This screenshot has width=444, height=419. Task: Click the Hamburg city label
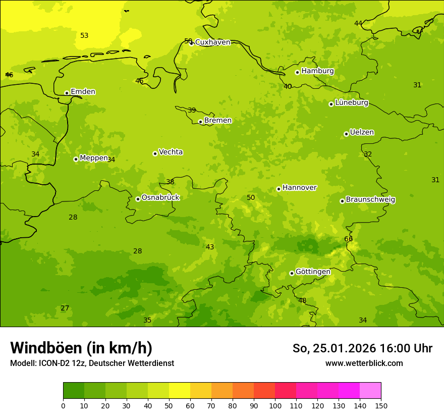pos(317,71)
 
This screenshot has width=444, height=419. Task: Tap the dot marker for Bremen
pos(200,122)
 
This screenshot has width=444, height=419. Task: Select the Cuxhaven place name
pos(212,42)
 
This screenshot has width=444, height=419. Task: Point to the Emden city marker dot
pos(67,93)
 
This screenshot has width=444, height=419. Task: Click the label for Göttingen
pos(313,272)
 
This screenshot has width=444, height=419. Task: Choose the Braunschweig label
pos(370,199)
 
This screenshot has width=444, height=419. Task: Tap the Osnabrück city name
pos(160,197)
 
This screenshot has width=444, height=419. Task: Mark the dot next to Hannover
pos(279,189)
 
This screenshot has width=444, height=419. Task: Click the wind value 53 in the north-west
pos(84,35)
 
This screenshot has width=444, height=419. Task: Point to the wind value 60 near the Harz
pos(349,239)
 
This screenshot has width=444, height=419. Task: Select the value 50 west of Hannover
pos(251,197)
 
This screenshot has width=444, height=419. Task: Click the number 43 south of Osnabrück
pos(210,247)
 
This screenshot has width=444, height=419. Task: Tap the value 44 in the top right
pos(358,23)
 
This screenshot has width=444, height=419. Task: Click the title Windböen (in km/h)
pos(81,348)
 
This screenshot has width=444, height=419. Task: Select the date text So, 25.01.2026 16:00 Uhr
pos(362,348)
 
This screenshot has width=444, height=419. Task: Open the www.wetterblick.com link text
pos(364,363)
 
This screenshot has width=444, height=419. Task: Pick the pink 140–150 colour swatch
pos(370,390)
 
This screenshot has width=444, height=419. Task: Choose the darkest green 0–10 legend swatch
pos(74,390)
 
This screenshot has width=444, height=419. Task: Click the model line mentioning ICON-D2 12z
pos(92,363)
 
